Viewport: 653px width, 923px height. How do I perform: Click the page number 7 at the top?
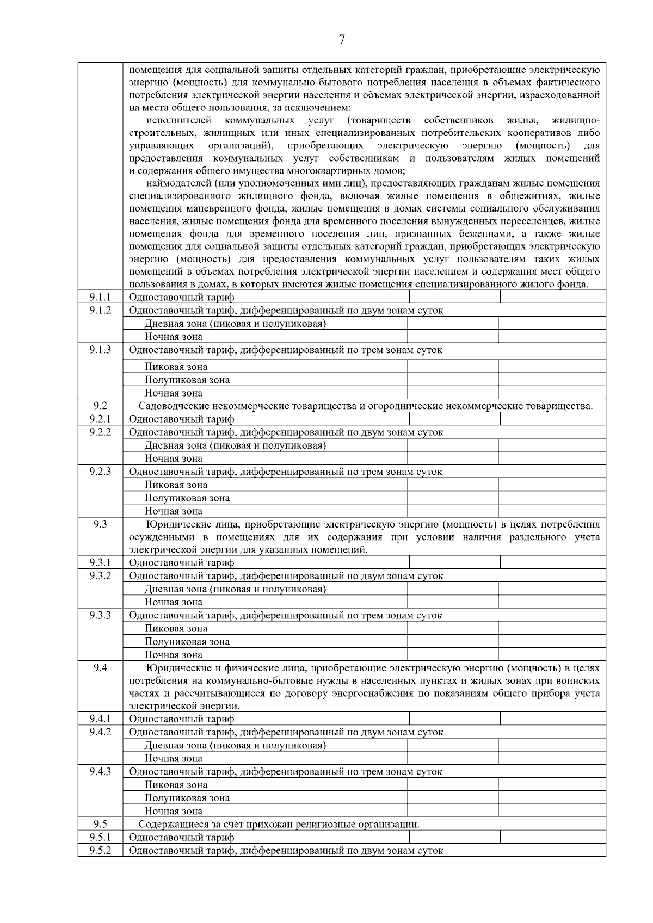pos(342,39)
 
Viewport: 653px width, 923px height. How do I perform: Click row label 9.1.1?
pos(100,297)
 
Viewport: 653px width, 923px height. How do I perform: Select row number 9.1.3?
pos(100,350)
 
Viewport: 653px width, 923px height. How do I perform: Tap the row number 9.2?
pos(100,406)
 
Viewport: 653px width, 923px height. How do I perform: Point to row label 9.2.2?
pos(100,432)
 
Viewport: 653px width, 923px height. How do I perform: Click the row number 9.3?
pos(100,524)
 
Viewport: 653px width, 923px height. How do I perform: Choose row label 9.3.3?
pos(100,615)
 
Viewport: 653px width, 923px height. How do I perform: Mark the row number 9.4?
pos(100,667)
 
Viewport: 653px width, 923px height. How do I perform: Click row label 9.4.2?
pos(100,732)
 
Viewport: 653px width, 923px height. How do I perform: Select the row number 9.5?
pos(100,824)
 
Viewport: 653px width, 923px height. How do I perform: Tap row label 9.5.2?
pos(100,850)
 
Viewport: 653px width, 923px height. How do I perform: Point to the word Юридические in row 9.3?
pos(178,525)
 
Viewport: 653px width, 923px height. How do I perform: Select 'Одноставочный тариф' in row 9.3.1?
pos(181,563)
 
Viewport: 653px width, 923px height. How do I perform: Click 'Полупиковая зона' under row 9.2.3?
pos(187,498)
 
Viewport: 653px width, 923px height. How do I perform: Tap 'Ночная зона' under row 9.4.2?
pos(173,759)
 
